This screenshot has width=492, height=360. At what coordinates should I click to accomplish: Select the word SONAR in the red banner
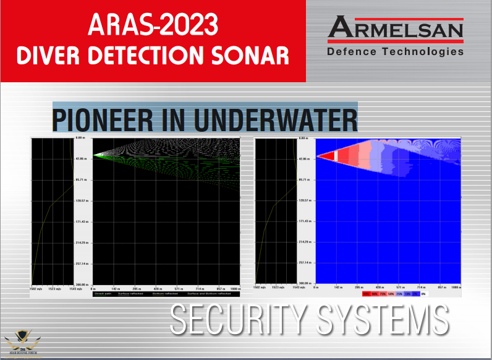255,56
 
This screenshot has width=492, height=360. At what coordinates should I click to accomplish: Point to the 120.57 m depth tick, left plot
83,201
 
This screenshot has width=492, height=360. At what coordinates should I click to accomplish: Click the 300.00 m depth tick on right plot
305,284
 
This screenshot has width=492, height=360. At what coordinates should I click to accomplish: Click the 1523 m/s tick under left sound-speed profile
53,288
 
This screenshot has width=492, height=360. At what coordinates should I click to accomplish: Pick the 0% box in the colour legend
433,294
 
